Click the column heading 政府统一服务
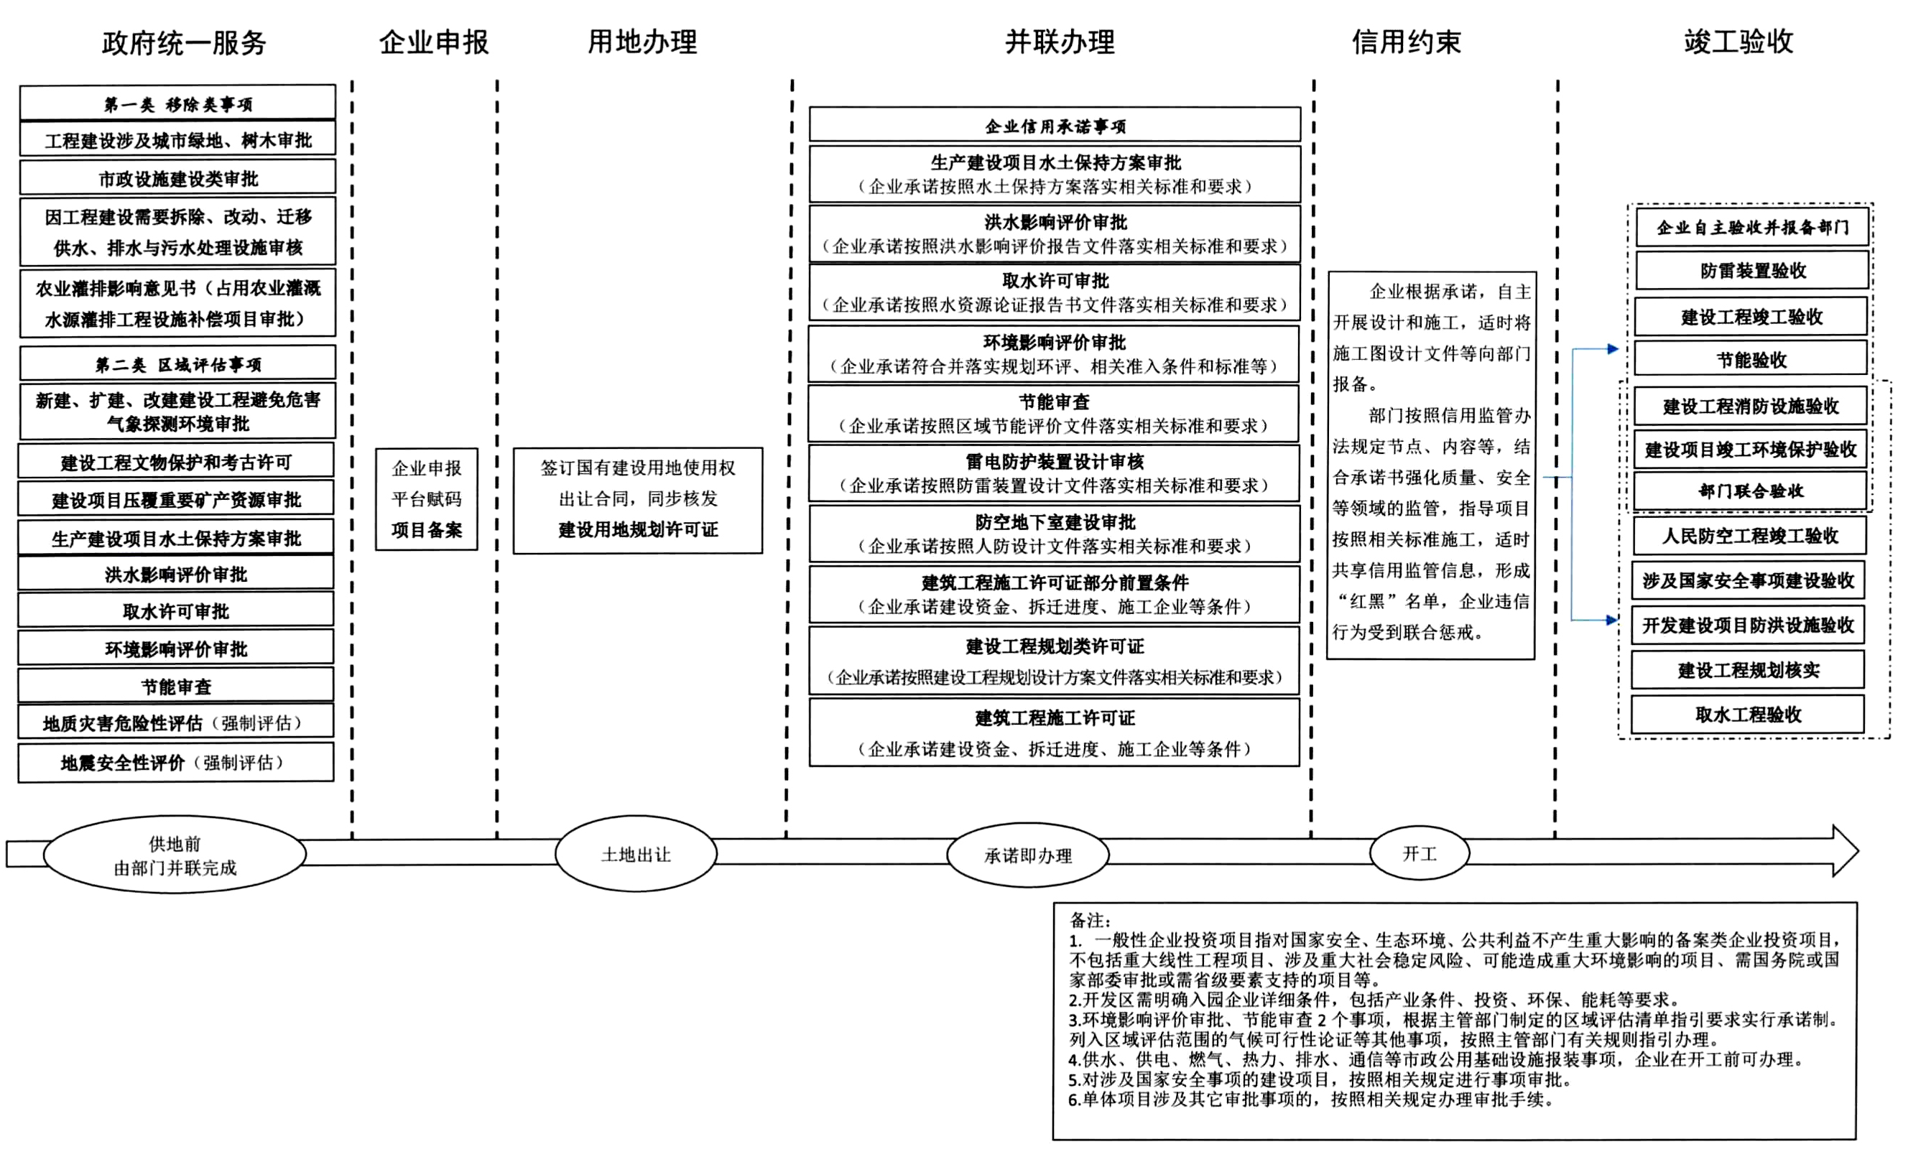(x=184, y=42)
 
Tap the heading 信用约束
(x=1406, y=42)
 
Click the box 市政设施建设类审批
(x=177, y=178)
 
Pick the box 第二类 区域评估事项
(x=177, y=363)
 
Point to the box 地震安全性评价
(x=176, y=762)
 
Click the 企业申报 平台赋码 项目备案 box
(x=426, y=499)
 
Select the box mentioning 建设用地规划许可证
(x=637, y=500)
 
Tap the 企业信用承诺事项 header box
(x=1055, y=125)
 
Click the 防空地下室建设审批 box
(x=1055, y=534)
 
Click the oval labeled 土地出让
(x=636, y=854)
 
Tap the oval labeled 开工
(x=1419, y=853)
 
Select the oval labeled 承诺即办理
(x=1028, y=855)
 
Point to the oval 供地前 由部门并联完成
(x=175, y=854)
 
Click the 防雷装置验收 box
(x=1751, y=270)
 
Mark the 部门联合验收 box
(x=1751, y=491)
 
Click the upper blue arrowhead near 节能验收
(x=1614, y=349)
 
